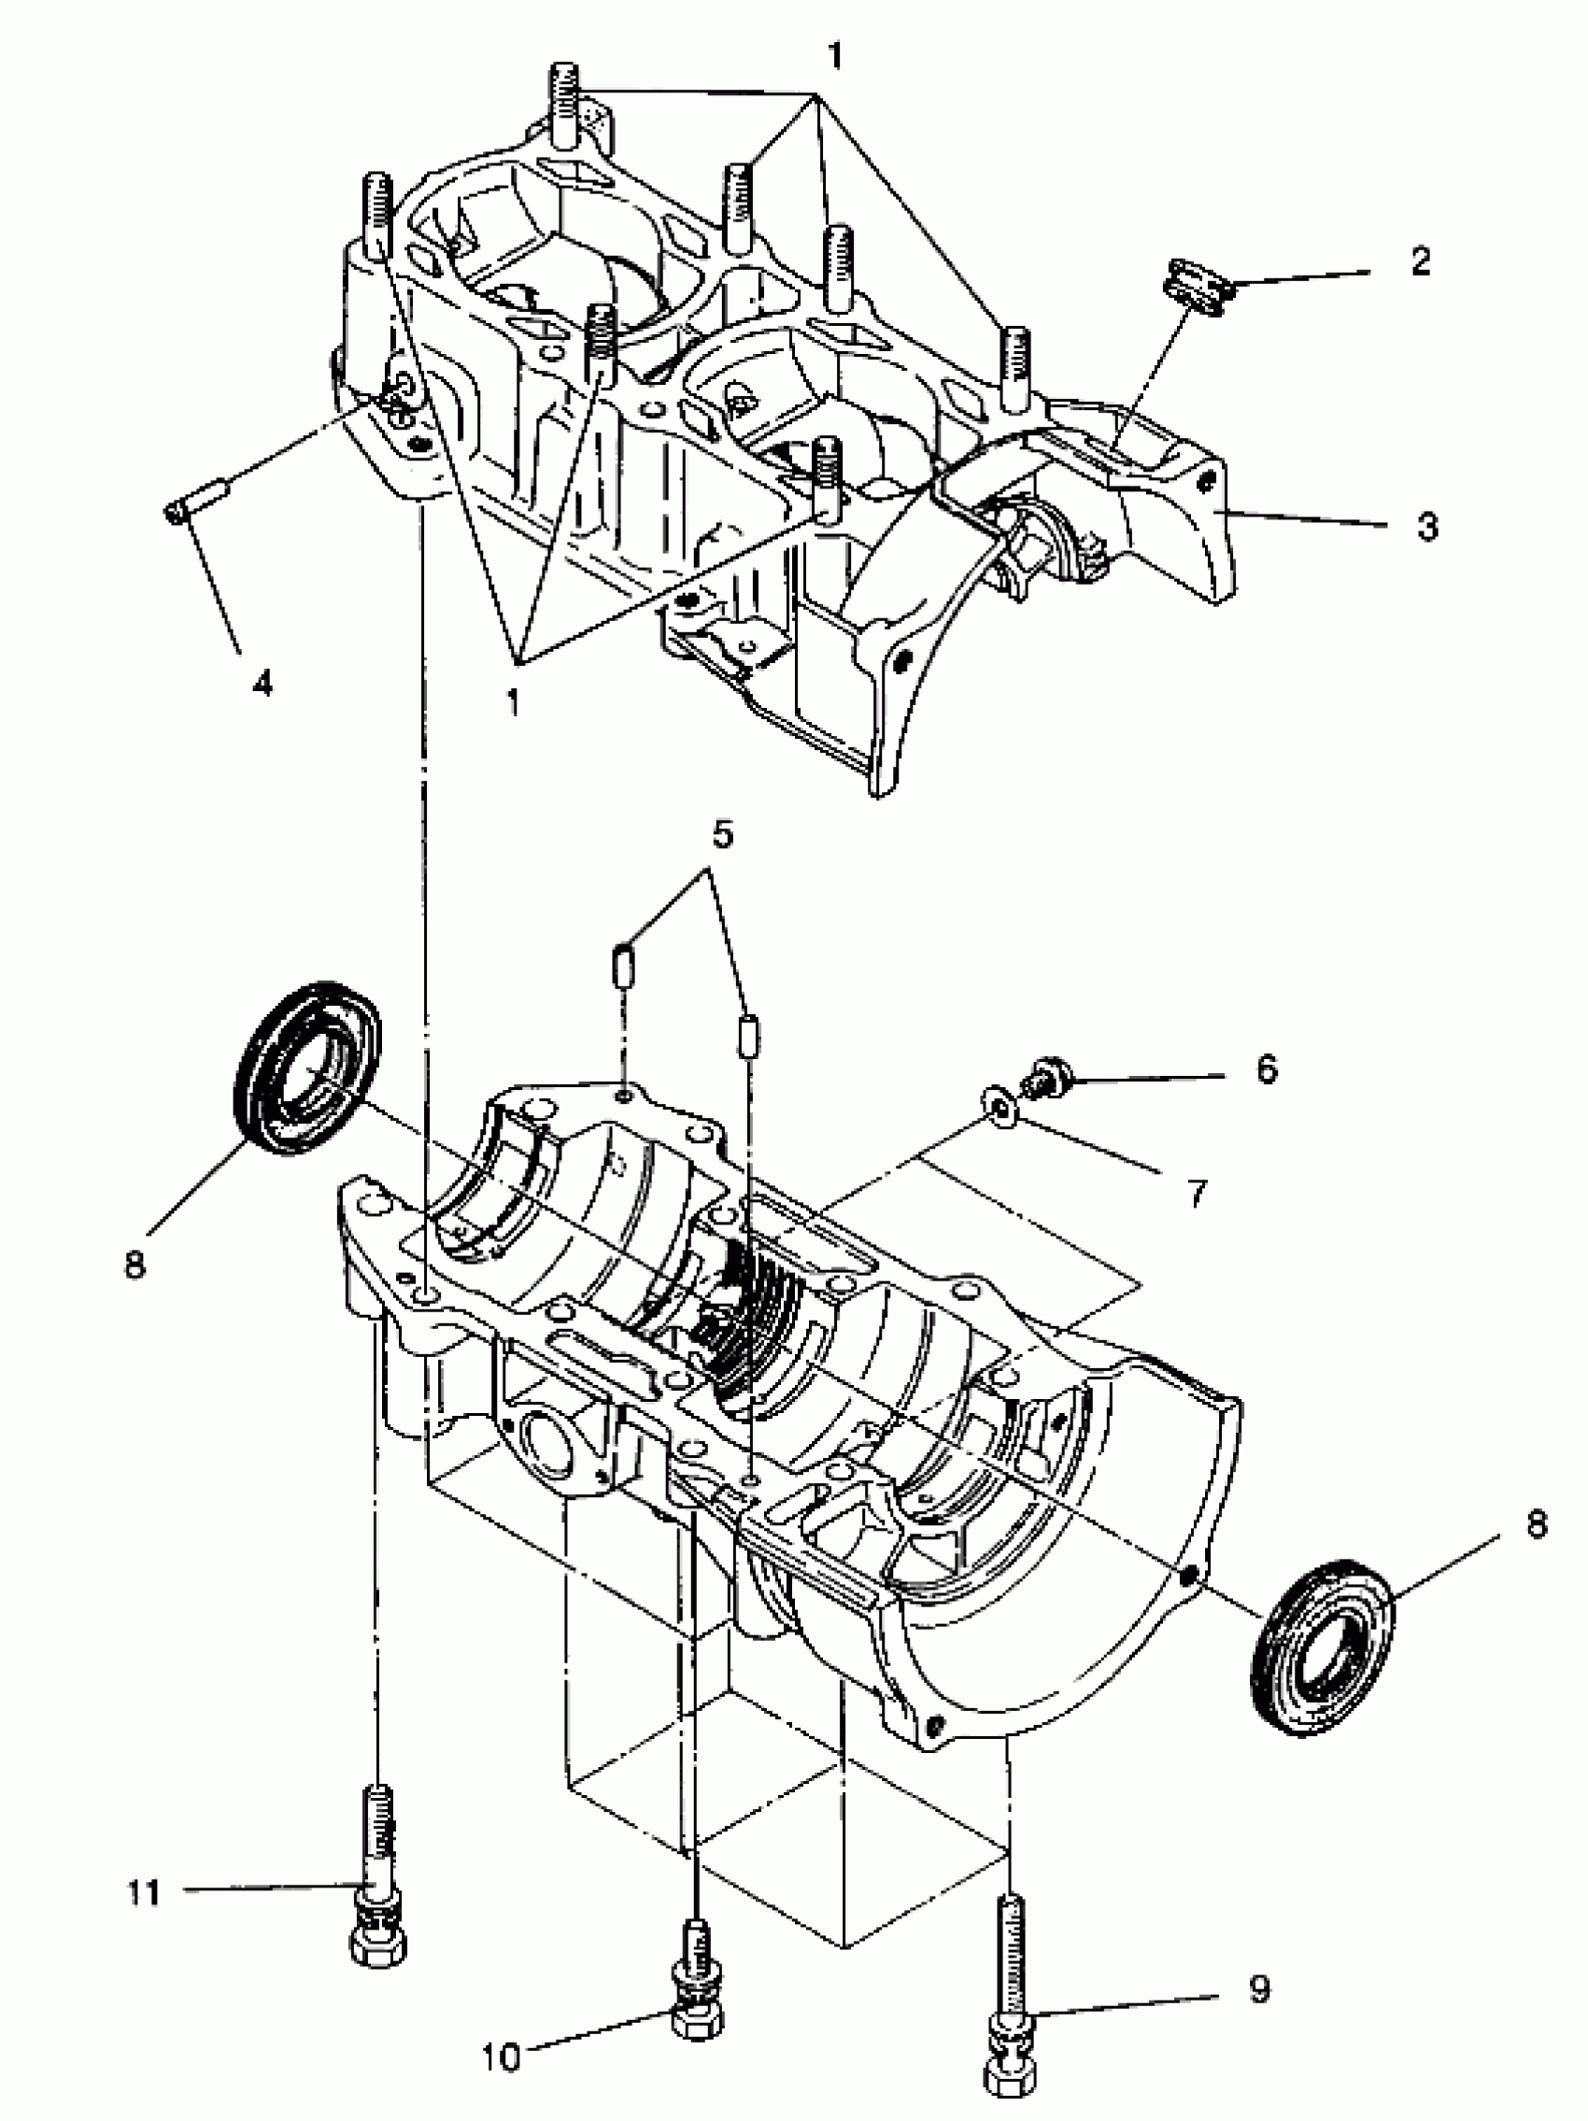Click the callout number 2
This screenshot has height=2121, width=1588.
coord(1420,261)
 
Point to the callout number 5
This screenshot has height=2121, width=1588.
coord(722,834)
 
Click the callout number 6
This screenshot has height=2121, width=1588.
coord(1267,1068)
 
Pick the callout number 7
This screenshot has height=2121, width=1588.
coord(1197,1194)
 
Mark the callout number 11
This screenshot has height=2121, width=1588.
coord(145,1894)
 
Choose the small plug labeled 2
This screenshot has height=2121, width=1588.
coord(1196,287)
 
